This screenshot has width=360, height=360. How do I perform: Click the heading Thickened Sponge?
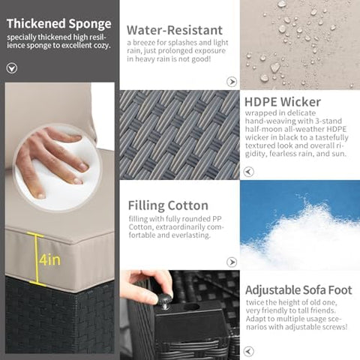pos(59,24)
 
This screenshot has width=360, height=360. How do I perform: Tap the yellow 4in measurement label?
pos(49,259)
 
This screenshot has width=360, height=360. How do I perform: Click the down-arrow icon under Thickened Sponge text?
pos(12,68)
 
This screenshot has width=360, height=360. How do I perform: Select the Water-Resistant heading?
pos(175,30)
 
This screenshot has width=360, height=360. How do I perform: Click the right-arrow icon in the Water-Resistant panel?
pos(232,82)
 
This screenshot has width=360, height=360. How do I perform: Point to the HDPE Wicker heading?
pos(283,102)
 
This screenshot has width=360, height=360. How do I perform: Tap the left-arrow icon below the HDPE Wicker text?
pos(248,172)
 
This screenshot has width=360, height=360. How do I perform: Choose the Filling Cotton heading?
pos(168,205)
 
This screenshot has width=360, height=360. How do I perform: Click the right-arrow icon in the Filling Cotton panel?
pos(232,262)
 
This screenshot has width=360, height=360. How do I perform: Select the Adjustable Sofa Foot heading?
pos(298,290)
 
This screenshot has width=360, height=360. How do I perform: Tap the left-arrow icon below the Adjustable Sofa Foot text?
pos(248,351)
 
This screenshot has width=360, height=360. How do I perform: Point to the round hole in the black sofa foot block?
pos(191,307)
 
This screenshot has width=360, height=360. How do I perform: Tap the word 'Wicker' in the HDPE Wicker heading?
pos(300,102)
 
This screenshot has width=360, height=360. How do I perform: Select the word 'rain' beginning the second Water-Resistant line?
pos(133,51)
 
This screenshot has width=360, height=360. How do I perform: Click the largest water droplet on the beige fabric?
pos(275,67)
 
